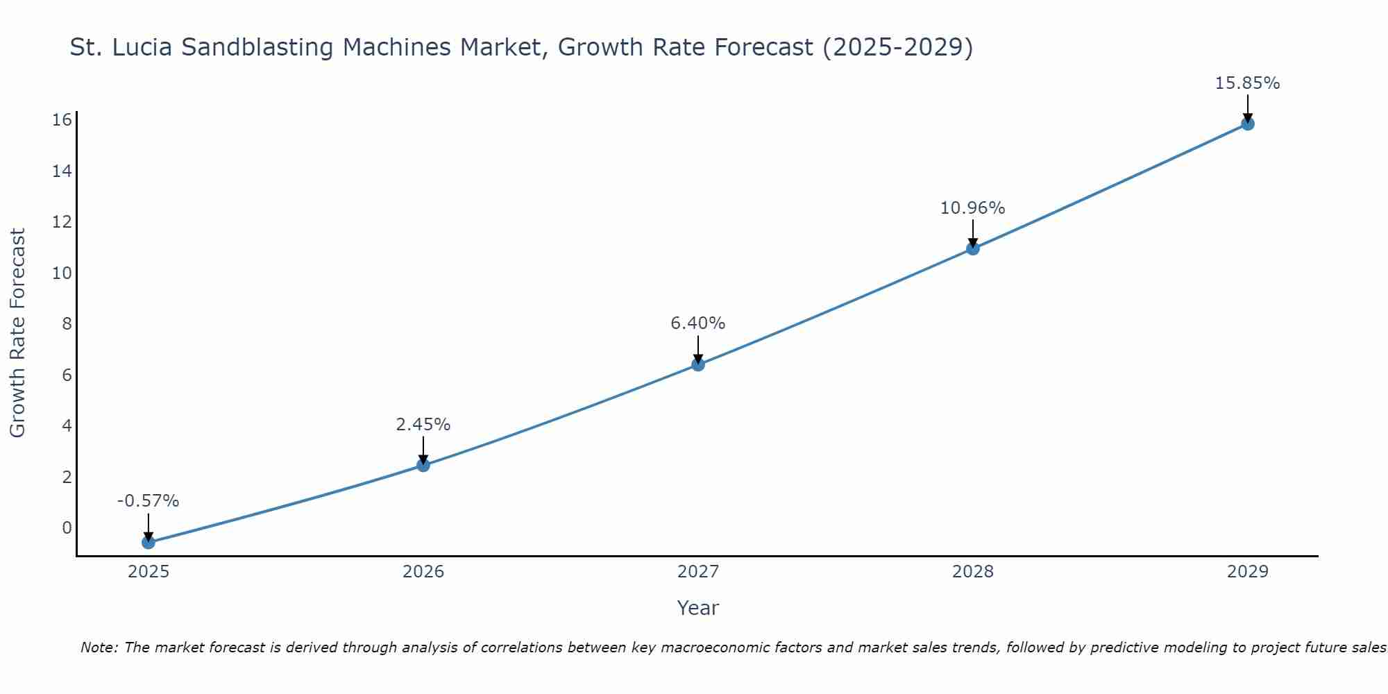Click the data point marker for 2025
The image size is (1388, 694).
click(149, 542)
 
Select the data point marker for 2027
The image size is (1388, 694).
click(698, 364)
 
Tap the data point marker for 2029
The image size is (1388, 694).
click(1247, 124)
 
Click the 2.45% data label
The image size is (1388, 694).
click(423, 425)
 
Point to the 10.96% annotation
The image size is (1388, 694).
click(972, 208)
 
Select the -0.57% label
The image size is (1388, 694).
click(149, 501)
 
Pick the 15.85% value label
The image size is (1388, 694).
click(1247, 83)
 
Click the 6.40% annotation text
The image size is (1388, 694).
click(698, 323)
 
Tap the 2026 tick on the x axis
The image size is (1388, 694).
click(423, 572)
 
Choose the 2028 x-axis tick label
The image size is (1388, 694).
click(972, 572)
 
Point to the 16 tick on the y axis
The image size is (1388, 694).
click(62, 120)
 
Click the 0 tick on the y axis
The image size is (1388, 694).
click(67, 527)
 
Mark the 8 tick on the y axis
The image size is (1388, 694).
click(67, 324)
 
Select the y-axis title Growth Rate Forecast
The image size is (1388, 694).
click(17, 332)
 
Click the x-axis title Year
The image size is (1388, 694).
click(697, 608)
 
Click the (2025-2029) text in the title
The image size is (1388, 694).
click(897, 47)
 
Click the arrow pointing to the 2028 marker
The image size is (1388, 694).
click(972, 234)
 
